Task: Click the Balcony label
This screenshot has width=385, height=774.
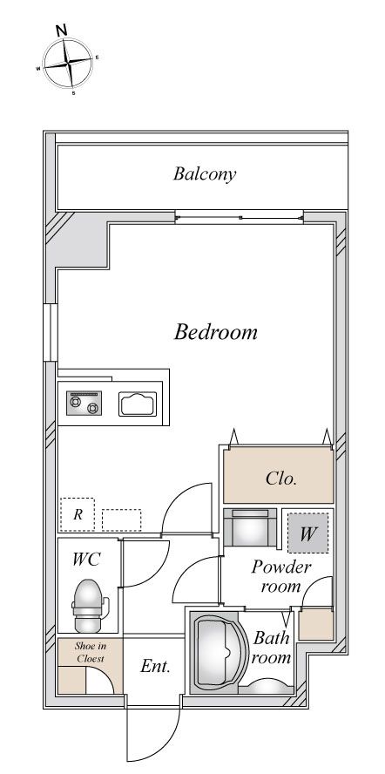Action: pyautogui.click(x=205, y=174)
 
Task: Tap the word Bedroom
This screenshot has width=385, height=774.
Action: pyautogui.click(x=216, y=332)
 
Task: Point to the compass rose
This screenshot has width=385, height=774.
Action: pyautogui.click(x=68, y=63)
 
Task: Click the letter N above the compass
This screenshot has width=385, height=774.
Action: pyautogui.click(x=61, y=30)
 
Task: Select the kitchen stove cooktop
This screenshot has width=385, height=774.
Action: pyautogui.click(x=84, y=403)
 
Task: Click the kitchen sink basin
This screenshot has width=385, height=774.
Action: pyautogui.click(x=138, y=404)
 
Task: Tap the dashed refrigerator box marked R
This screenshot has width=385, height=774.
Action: pyautogui.click(x=78, y=514)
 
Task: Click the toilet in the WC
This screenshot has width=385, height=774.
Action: pyautogui.click(x=88, y=606)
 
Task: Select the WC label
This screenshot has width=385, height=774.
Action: pyautogui.click(x=86, y=560)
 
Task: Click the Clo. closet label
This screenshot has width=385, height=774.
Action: pyautogui.click(x=281, y=479)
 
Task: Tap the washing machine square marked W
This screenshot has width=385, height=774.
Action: pyautogui.click(x=308, y=533)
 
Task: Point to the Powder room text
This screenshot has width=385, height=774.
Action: pyautogui.click(x=280, y=576)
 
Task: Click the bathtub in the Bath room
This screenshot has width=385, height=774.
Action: pyautogui.click(x=218, y=652)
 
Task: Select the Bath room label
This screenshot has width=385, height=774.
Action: pyautogui.click(x=272, y=648)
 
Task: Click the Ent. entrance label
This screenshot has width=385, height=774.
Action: pyautogui.click(x=155, y=667)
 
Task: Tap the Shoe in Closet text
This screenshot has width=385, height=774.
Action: pyautogui.click(x=91, y=652)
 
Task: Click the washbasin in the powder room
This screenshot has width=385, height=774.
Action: pyautogui.click(x=251, y=527)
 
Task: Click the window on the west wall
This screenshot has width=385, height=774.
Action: pyautogui.click(x=51, y=332)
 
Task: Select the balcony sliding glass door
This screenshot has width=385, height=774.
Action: pyautogui.click(x=240, y=217)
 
